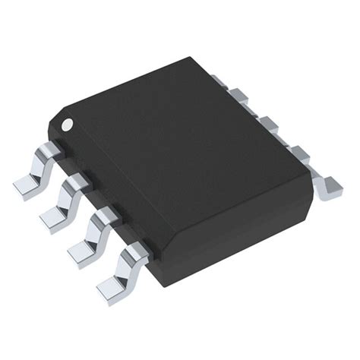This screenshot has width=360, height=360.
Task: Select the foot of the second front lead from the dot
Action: [54, 217]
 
